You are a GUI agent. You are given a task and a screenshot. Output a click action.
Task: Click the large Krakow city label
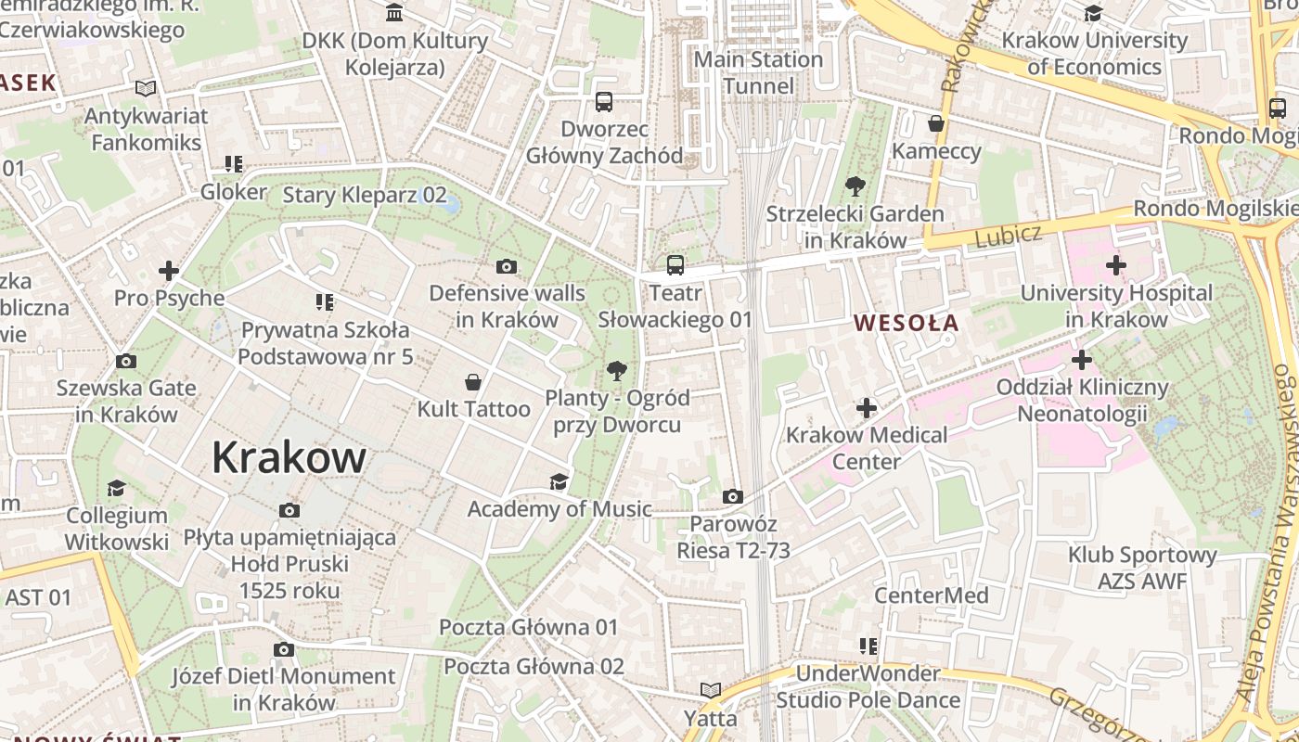click(289, 457)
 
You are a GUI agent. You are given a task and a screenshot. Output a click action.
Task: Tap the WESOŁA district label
click(906, 323)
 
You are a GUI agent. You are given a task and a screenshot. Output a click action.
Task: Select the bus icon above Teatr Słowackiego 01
click(675, 265)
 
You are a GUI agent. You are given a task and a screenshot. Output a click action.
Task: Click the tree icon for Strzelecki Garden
click(855, 186)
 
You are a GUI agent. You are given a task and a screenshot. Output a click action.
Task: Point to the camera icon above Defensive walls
click(506, 267)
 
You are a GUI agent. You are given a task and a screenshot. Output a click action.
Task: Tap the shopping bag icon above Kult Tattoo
click(473, 381)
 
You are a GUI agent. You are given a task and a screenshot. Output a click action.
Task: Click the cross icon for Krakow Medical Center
click(867, 407)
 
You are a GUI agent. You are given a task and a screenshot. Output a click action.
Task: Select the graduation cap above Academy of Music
click(559, 481)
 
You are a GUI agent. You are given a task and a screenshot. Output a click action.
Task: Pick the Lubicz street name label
click(1009, 236)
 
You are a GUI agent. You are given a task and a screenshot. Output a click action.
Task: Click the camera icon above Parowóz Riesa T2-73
click(733, 496)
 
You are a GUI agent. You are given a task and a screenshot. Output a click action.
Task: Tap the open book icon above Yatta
click(711, 690)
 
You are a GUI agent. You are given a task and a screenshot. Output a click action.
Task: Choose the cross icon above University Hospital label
click(1116, 265)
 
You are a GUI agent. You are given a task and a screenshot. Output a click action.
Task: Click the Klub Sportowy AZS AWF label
click(1142, 568)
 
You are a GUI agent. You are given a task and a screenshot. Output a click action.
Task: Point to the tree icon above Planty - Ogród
click(616, 372)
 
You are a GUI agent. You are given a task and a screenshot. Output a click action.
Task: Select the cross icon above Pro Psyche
click(169, 271)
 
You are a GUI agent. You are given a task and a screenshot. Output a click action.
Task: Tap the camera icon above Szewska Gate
click(126, 361)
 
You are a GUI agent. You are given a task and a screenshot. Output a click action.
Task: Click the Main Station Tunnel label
click(758, 72)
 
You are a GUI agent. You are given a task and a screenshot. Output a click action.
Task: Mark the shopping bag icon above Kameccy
click(936, 123)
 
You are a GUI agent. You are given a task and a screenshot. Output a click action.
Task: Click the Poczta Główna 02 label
click(534, 666)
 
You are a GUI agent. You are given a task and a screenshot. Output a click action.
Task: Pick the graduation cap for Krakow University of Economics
click(1094, 13)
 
